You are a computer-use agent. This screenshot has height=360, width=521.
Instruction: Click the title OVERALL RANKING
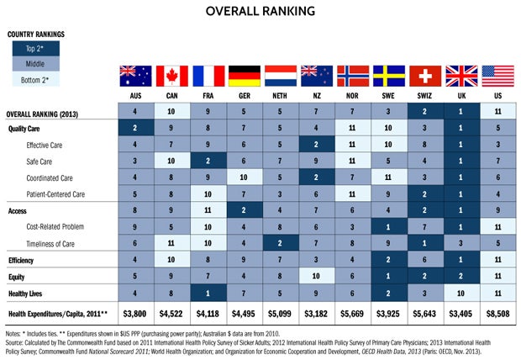click(x=260, y=12)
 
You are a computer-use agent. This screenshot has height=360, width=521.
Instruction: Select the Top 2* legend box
click(x=34, y=50)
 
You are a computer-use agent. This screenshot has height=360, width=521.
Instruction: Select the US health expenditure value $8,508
click(x=497, y=315)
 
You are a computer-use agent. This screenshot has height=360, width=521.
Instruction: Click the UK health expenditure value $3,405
click(x=460, y=315)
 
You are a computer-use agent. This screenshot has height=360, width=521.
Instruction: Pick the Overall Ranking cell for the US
click(x=497, y=112)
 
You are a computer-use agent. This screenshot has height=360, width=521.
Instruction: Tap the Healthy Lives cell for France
click(x=208, y=293)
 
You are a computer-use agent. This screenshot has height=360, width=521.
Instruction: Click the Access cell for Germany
click(x=244, y=211)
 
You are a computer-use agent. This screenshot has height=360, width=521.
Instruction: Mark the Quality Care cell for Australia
click(x=135, y=128)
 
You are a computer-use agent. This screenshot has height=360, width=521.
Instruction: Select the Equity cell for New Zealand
click(x=316, y=277)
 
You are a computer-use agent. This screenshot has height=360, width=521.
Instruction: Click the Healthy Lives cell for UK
click(x=460, y=293)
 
